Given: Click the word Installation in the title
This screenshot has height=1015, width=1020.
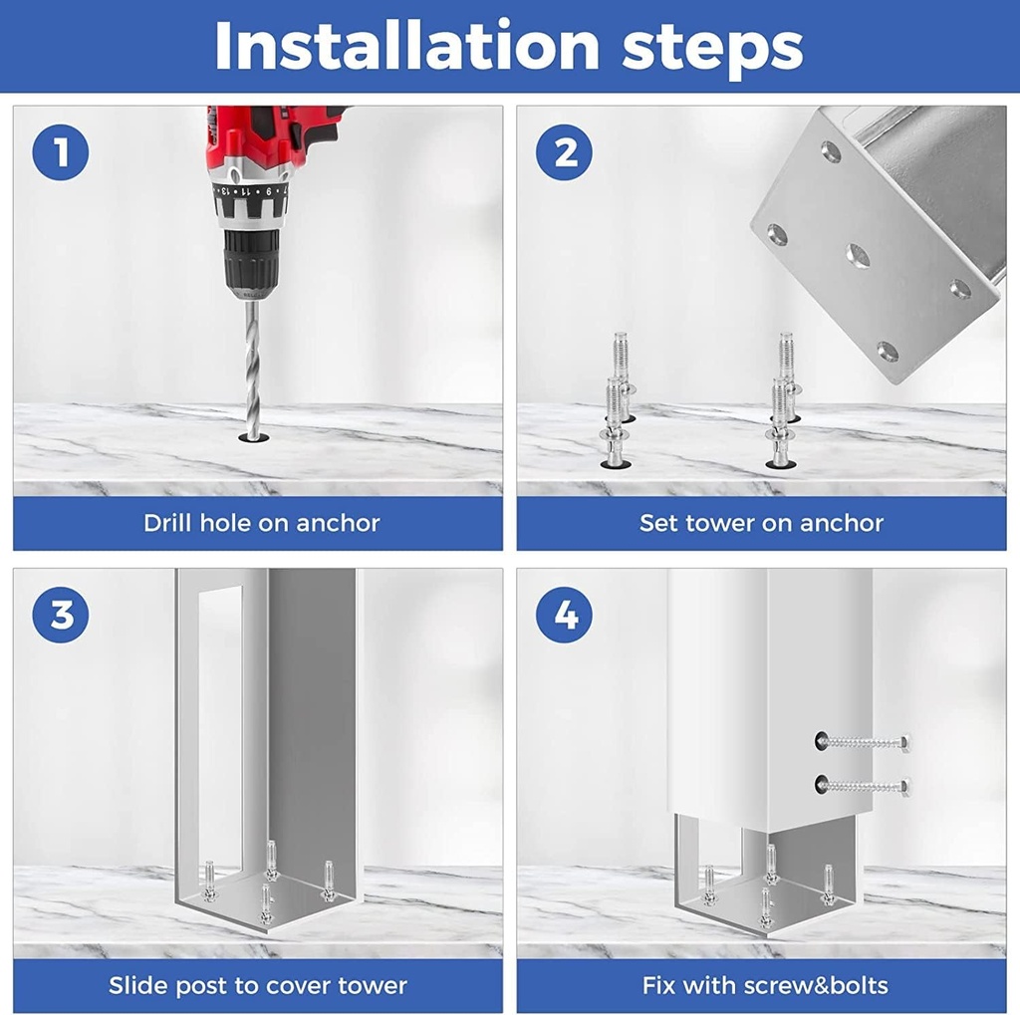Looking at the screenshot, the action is [x=406, y=45].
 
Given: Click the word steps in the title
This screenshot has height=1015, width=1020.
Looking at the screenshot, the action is [x=712, y=49].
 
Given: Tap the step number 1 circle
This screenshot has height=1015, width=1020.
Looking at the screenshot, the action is [x=61, y=152].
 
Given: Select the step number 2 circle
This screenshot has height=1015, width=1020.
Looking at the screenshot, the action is [x=564, y=152].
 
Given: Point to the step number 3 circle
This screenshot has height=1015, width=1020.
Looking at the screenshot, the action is [x=61, y=615].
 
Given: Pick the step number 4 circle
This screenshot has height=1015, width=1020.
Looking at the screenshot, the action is [x=564, y=615].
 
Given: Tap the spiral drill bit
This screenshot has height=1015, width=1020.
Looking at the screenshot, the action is [x=252, y=368].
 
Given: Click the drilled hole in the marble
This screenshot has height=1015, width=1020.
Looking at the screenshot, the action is [x=254, y=437].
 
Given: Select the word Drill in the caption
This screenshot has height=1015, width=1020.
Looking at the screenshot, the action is [x=167, y=523].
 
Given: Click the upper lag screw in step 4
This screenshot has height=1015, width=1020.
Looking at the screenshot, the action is [x=863, y=740].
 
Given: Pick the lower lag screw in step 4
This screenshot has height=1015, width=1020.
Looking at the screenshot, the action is [x=863, y=785].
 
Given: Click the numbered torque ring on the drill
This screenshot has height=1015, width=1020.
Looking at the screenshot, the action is [x=251, y=192].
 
